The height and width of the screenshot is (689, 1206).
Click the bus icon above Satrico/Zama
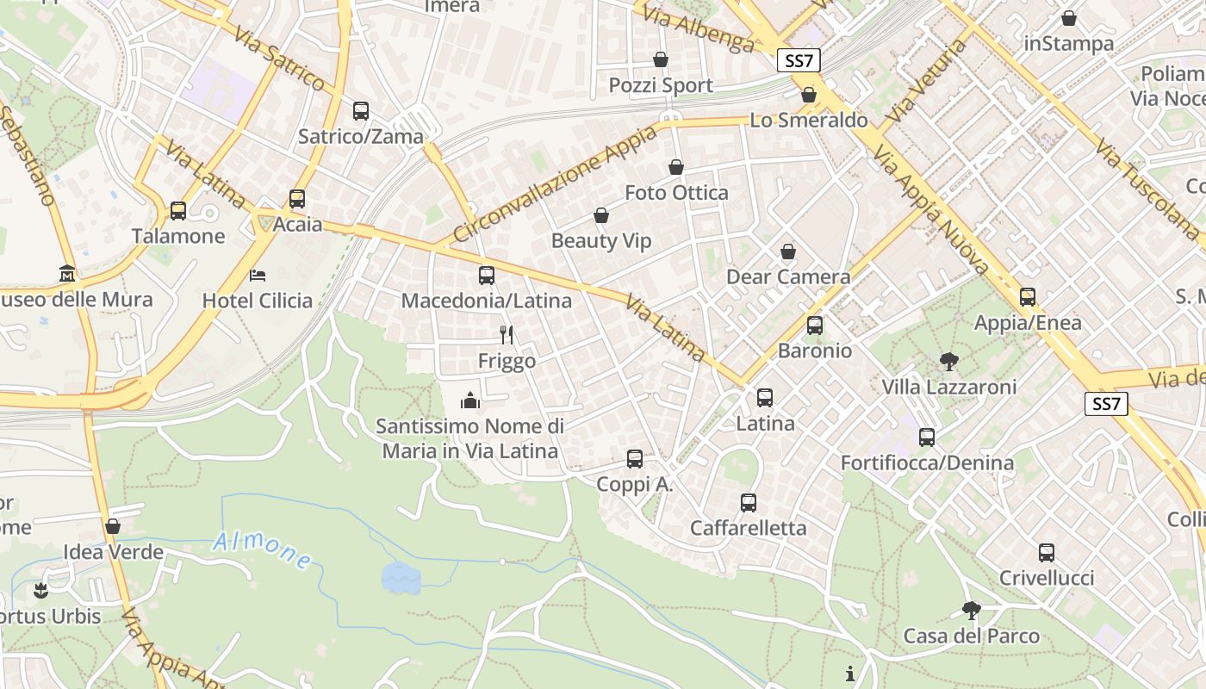click(361, 111)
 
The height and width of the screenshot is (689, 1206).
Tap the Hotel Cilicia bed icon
click(258, 276)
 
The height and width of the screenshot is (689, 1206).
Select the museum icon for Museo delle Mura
click(67, 275)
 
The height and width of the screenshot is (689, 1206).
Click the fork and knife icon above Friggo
click(507, 335)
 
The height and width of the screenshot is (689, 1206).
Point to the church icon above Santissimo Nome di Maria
click(470, 400)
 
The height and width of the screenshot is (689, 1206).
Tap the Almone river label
click(263, 550)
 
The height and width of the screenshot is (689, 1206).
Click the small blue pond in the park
click(401, 578)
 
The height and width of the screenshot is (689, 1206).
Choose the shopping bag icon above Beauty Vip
click(601, 215)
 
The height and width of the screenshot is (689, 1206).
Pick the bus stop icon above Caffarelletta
click(749, 503)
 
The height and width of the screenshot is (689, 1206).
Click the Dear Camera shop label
click(788, 276)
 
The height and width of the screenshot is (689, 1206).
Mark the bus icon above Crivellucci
click(1047, 553)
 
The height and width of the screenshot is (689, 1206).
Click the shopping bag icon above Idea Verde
click(113, 526)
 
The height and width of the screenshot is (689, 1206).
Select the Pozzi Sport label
click(661, 85)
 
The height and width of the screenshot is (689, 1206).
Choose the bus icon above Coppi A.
click(635, 459)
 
